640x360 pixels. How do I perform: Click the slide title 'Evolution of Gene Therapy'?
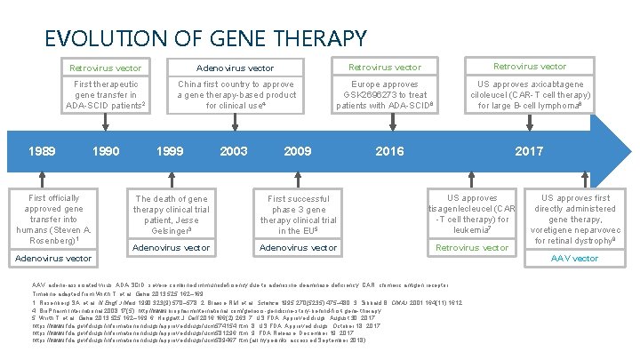click(x=205, y=38)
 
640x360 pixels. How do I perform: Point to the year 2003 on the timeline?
click(x=234, y=151)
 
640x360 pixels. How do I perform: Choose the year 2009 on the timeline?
click(x=298, y=151)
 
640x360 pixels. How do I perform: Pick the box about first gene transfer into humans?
click(x=54, y=220)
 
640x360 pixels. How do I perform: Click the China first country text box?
click(x=236, y=94)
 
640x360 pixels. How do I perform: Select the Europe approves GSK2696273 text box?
click(x=385, y=94)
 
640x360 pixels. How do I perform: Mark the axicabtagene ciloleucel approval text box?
click(x=530, y=94)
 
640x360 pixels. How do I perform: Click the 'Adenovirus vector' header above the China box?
click(x=235, y=68)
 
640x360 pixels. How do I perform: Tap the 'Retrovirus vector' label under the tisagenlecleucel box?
click(x=470, y=248)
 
